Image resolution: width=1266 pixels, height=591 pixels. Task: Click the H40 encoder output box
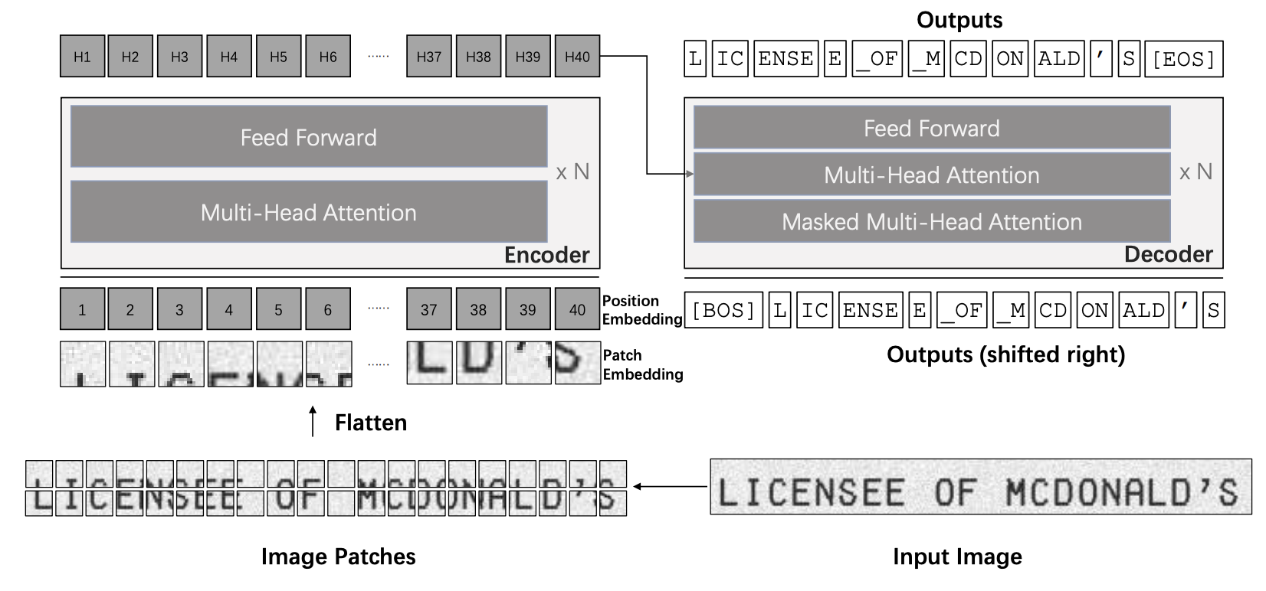[576, 57]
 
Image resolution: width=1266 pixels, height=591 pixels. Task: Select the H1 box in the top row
[82, 57]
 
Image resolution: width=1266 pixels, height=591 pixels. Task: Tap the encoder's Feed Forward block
[308, 137]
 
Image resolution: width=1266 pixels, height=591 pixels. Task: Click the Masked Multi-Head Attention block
[931, 222]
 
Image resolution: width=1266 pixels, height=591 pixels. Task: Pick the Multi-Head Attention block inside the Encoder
[308, 212]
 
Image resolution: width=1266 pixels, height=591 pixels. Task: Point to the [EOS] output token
[1183, 59]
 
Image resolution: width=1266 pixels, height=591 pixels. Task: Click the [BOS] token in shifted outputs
[723, 310]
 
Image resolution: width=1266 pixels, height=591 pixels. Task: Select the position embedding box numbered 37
[428, 309]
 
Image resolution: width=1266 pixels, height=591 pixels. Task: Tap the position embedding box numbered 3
[179, 309]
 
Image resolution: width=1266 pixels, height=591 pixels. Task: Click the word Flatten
[370, 423]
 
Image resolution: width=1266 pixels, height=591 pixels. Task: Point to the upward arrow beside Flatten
[313, 422]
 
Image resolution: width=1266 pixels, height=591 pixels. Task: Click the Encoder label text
[546, 255]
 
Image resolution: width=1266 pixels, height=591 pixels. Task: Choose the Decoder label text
[1168, 254]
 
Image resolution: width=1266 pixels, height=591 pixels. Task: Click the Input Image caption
[957, 557]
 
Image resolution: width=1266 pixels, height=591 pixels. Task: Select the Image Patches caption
[338, 557]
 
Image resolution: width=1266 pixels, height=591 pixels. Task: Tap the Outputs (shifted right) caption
[1005, 354]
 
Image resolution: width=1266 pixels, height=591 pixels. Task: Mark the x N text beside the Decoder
[1195, 172]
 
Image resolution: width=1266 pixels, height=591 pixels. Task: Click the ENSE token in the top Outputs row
[786, 59]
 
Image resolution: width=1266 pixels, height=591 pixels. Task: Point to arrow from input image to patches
[671, 486]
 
